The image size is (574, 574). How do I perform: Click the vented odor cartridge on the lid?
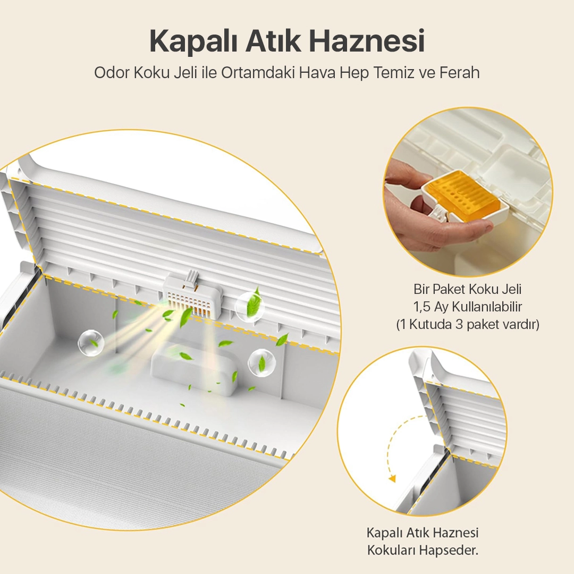(192, 297)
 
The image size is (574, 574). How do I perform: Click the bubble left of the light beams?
(91, 343)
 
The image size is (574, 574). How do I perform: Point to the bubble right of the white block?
(261, 363)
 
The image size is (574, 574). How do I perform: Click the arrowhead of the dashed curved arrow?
(392, 478)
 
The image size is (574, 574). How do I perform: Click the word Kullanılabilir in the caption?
(487, 307)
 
